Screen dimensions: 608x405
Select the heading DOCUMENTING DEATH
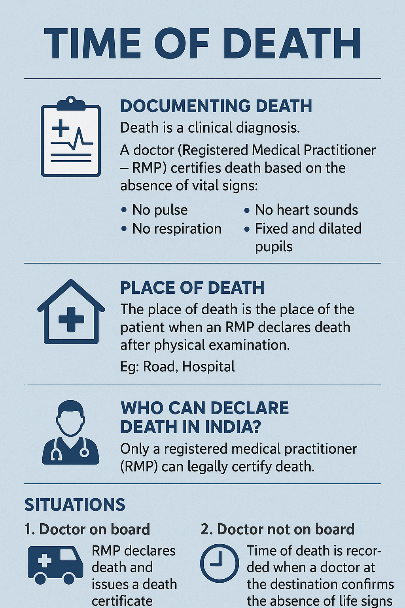(x=216, y=106)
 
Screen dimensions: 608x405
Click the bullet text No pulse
(x=160, y=210)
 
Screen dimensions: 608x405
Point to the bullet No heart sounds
(x=306, y=210)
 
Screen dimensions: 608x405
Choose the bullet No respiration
(x=176, y=229)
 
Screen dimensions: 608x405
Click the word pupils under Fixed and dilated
(x=274, y=247)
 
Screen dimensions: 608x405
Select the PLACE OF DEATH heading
(x=192, y=288)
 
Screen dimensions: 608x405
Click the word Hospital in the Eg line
(x=208, y=367)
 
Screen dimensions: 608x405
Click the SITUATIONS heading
(x=75, y=505)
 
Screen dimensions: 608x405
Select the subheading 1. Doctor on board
(x=87, y=529)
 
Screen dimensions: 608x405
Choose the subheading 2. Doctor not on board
(x=277, y=529)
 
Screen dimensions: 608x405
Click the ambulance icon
(x=55, y=565)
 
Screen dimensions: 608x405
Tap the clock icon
(x=220, y=563)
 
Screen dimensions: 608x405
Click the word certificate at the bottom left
(x=122, y=601)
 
